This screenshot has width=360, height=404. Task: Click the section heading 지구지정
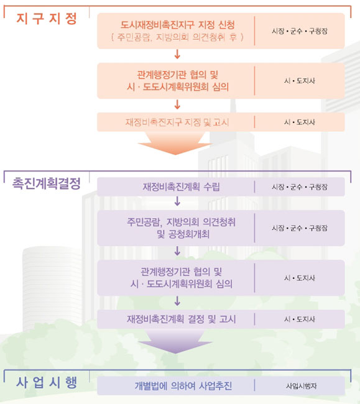tap(47, 19)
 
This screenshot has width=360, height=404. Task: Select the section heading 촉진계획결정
tap(47, 183)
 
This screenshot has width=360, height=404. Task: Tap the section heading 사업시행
tap(47, 382)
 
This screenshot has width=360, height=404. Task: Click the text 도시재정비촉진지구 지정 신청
tap(178, 25)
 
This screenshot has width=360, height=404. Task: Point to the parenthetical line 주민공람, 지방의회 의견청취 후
tap(178, 37)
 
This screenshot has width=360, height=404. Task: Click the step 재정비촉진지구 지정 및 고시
tap(177, 122)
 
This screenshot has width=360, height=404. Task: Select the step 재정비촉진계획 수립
tap(181, 187)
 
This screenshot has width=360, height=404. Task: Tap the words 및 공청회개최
tap(183, 234)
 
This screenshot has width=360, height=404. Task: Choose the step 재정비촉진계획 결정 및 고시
tap(181, 319)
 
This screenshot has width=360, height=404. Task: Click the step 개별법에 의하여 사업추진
tap(183, 386)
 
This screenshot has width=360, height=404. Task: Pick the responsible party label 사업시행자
tap(302, 386)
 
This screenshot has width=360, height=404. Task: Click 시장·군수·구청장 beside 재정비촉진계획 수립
tap(300, 187)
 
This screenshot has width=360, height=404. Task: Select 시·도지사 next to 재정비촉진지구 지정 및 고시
tap(300, 122)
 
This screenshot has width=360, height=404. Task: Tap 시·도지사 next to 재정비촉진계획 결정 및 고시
tap(300, 319)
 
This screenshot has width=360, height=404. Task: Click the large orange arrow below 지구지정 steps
tap(175, 143)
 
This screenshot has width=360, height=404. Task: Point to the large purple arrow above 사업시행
tap(175, 341)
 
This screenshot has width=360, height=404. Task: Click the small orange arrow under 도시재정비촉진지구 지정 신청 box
tap(177, 54)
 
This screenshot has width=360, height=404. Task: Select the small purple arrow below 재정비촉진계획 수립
tap(177, 201)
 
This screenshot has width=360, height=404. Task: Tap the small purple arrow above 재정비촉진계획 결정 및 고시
tap(177, 301)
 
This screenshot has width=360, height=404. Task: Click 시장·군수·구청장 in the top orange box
tap(300, 31)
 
